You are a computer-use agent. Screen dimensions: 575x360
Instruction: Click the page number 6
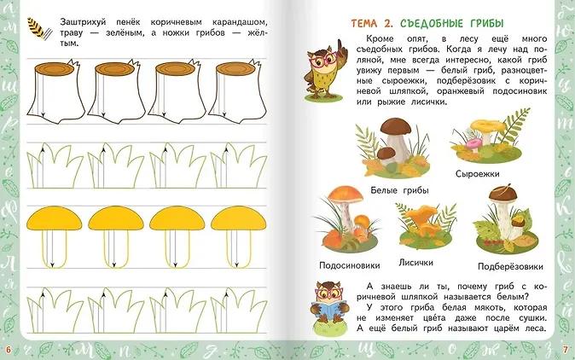tap(9, 350)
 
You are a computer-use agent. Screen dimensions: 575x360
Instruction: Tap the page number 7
tap(566, 350)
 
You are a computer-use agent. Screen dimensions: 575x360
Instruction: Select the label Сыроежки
tap(478, 174)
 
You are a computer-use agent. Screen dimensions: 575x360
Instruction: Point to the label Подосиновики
tap(350, 265)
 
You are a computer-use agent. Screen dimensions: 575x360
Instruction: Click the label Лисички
tap(415, 263)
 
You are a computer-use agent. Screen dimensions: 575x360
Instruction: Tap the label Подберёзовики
tap(510, 266)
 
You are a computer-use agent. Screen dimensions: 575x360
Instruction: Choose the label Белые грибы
tap(399, 190)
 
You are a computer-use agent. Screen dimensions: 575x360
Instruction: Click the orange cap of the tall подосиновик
tap(345, 194)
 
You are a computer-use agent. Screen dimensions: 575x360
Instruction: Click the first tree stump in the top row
tap(56, 91)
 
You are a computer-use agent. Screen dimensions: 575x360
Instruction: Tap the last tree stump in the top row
tap(237, 91)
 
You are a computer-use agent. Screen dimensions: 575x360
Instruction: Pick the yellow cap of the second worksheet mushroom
tap(116, 219)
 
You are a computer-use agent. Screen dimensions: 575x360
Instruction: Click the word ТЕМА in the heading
tap(364, 24)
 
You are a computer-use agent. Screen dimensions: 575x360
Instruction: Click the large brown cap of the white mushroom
tap(396, 126)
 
